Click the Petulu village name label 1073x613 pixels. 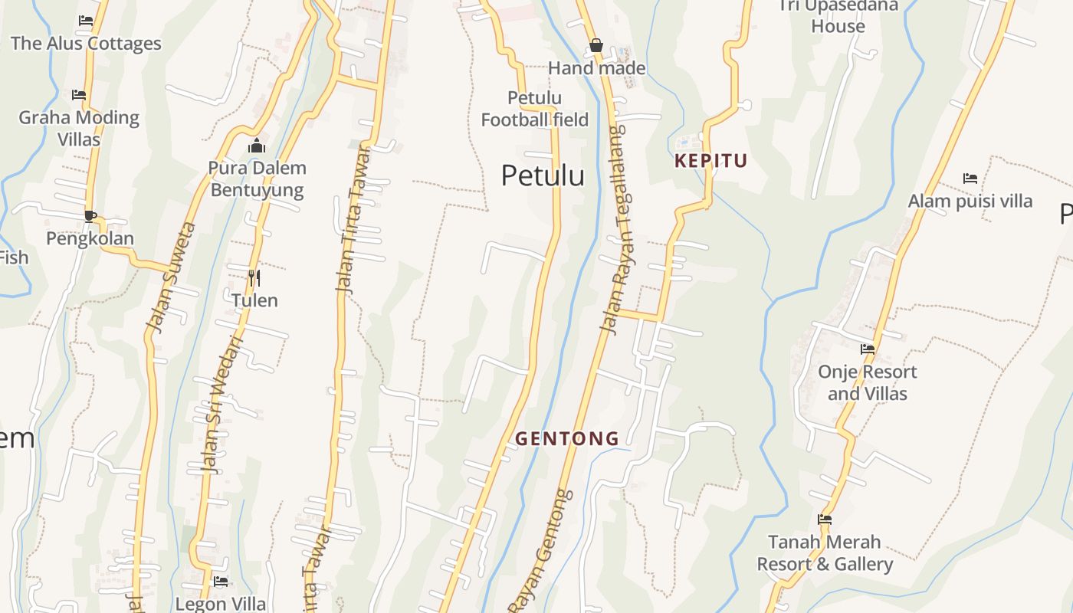coord(543,175)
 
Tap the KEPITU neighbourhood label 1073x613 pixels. coord(710,161)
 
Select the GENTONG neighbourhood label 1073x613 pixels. coord(567,439)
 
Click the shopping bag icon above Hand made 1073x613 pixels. coord(596,46)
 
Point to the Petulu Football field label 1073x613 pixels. coord(535,109)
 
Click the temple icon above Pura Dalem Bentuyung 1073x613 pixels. coord(257,146)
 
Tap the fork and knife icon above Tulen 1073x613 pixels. coord(254,277)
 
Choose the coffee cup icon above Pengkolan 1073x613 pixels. coord(90,216)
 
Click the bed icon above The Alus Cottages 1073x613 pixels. coord(86,21)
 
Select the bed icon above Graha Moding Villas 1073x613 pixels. coord(79,95)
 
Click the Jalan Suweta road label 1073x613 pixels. coord(172,277)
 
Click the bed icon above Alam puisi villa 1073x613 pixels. coord(970,179)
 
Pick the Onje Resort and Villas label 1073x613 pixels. coord(867,382)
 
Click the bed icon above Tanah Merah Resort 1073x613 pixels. coord(825,520)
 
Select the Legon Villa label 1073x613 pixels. coord(221,603)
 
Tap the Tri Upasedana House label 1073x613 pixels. coord(838,16)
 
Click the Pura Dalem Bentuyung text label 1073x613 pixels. coord(257,179)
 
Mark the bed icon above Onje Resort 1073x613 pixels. coord(868,349)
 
